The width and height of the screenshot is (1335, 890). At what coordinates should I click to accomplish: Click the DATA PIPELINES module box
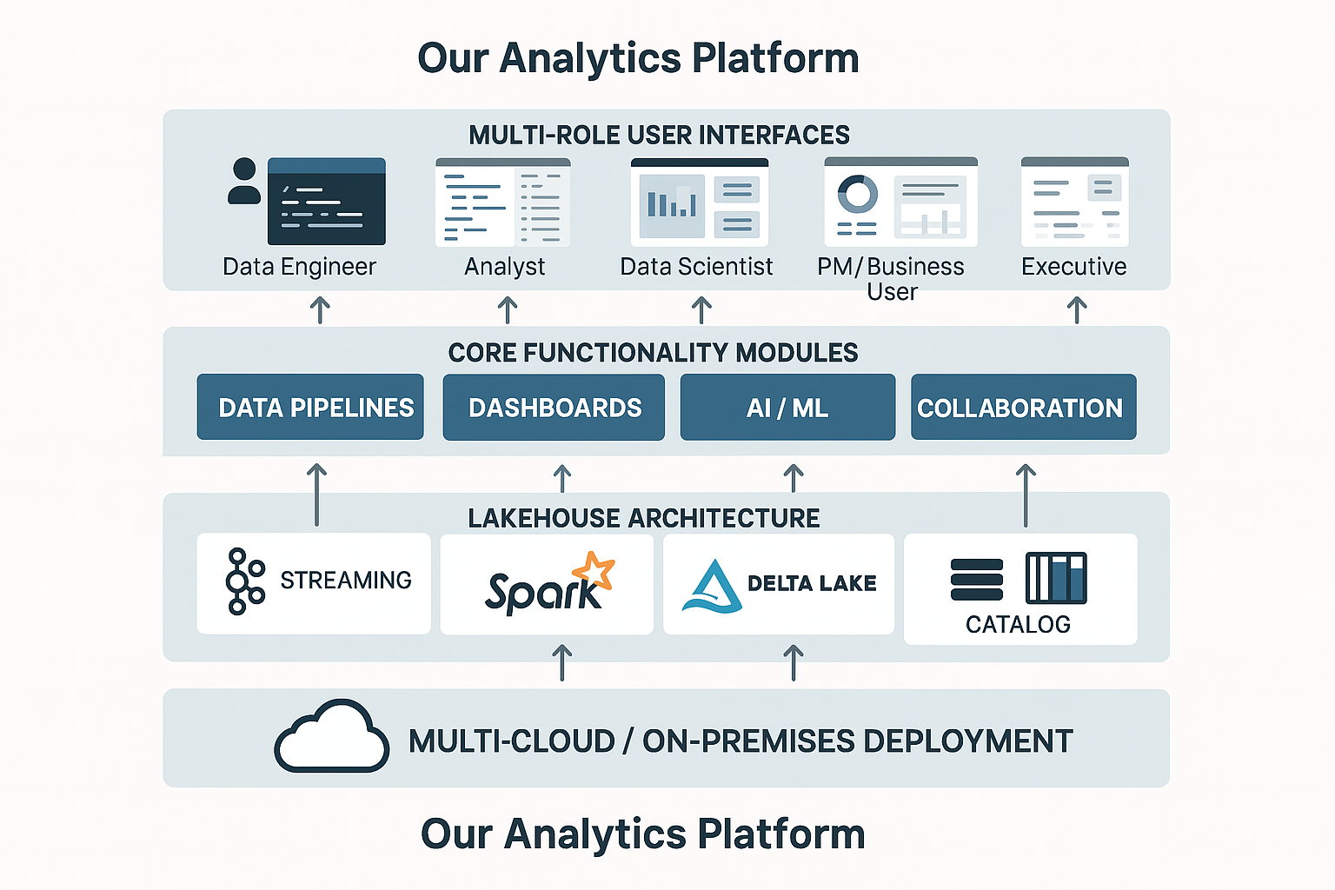310,407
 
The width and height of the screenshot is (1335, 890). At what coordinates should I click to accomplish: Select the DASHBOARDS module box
554,407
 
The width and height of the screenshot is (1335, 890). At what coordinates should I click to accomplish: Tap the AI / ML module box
787,407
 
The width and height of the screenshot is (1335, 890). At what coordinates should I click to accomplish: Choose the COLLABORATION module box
1023,407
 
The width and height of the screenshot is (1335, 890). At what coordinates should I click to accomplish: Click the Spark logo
548,584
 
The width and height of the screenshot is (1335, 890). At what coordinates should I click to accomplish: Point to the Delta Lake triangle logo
712,587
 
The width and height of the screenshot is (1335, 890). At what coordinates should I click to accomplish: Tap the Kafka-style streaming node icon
243,581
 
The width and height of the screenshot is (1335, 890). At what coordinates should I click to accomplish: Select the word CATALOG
1018,624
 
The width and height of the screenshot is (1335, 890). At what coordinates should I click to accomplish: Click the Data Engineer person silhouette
244,182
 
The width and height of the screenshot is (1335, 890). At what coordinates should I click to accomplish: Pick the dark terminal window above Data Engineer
326,202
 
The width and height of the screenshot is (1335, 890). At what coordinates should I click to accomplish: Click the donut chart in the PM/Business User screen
857,194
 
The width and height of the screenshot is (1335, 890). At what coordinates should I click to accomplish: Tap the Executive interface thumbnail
1074,202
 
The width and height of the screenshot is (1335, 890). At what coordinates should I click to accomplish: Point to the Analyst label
504,266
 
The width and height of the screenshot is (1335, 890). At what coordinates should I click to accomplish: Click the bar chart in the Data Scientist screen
672,204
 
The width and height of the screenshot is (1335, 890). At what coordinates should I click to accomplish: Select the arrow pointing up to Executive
1077,309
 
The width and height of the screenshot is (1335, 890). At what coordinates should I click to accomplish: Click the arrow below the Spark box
562,661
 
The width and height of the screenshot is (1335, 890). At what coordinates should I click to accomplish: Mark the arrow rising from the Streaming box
317,495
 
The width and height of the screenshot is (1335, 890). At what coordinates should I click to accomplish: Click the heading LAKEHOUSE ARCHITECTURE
643,518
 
